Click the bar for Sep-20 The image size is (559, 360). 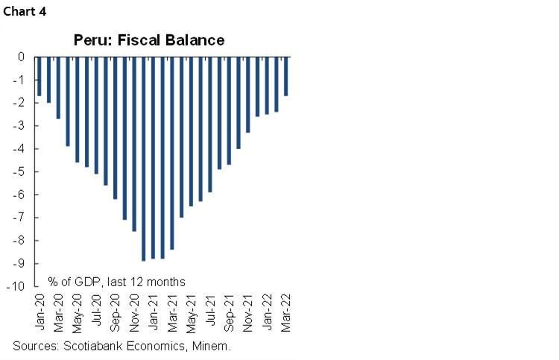115,127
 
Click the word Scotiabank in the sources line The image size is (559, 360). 93,346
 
